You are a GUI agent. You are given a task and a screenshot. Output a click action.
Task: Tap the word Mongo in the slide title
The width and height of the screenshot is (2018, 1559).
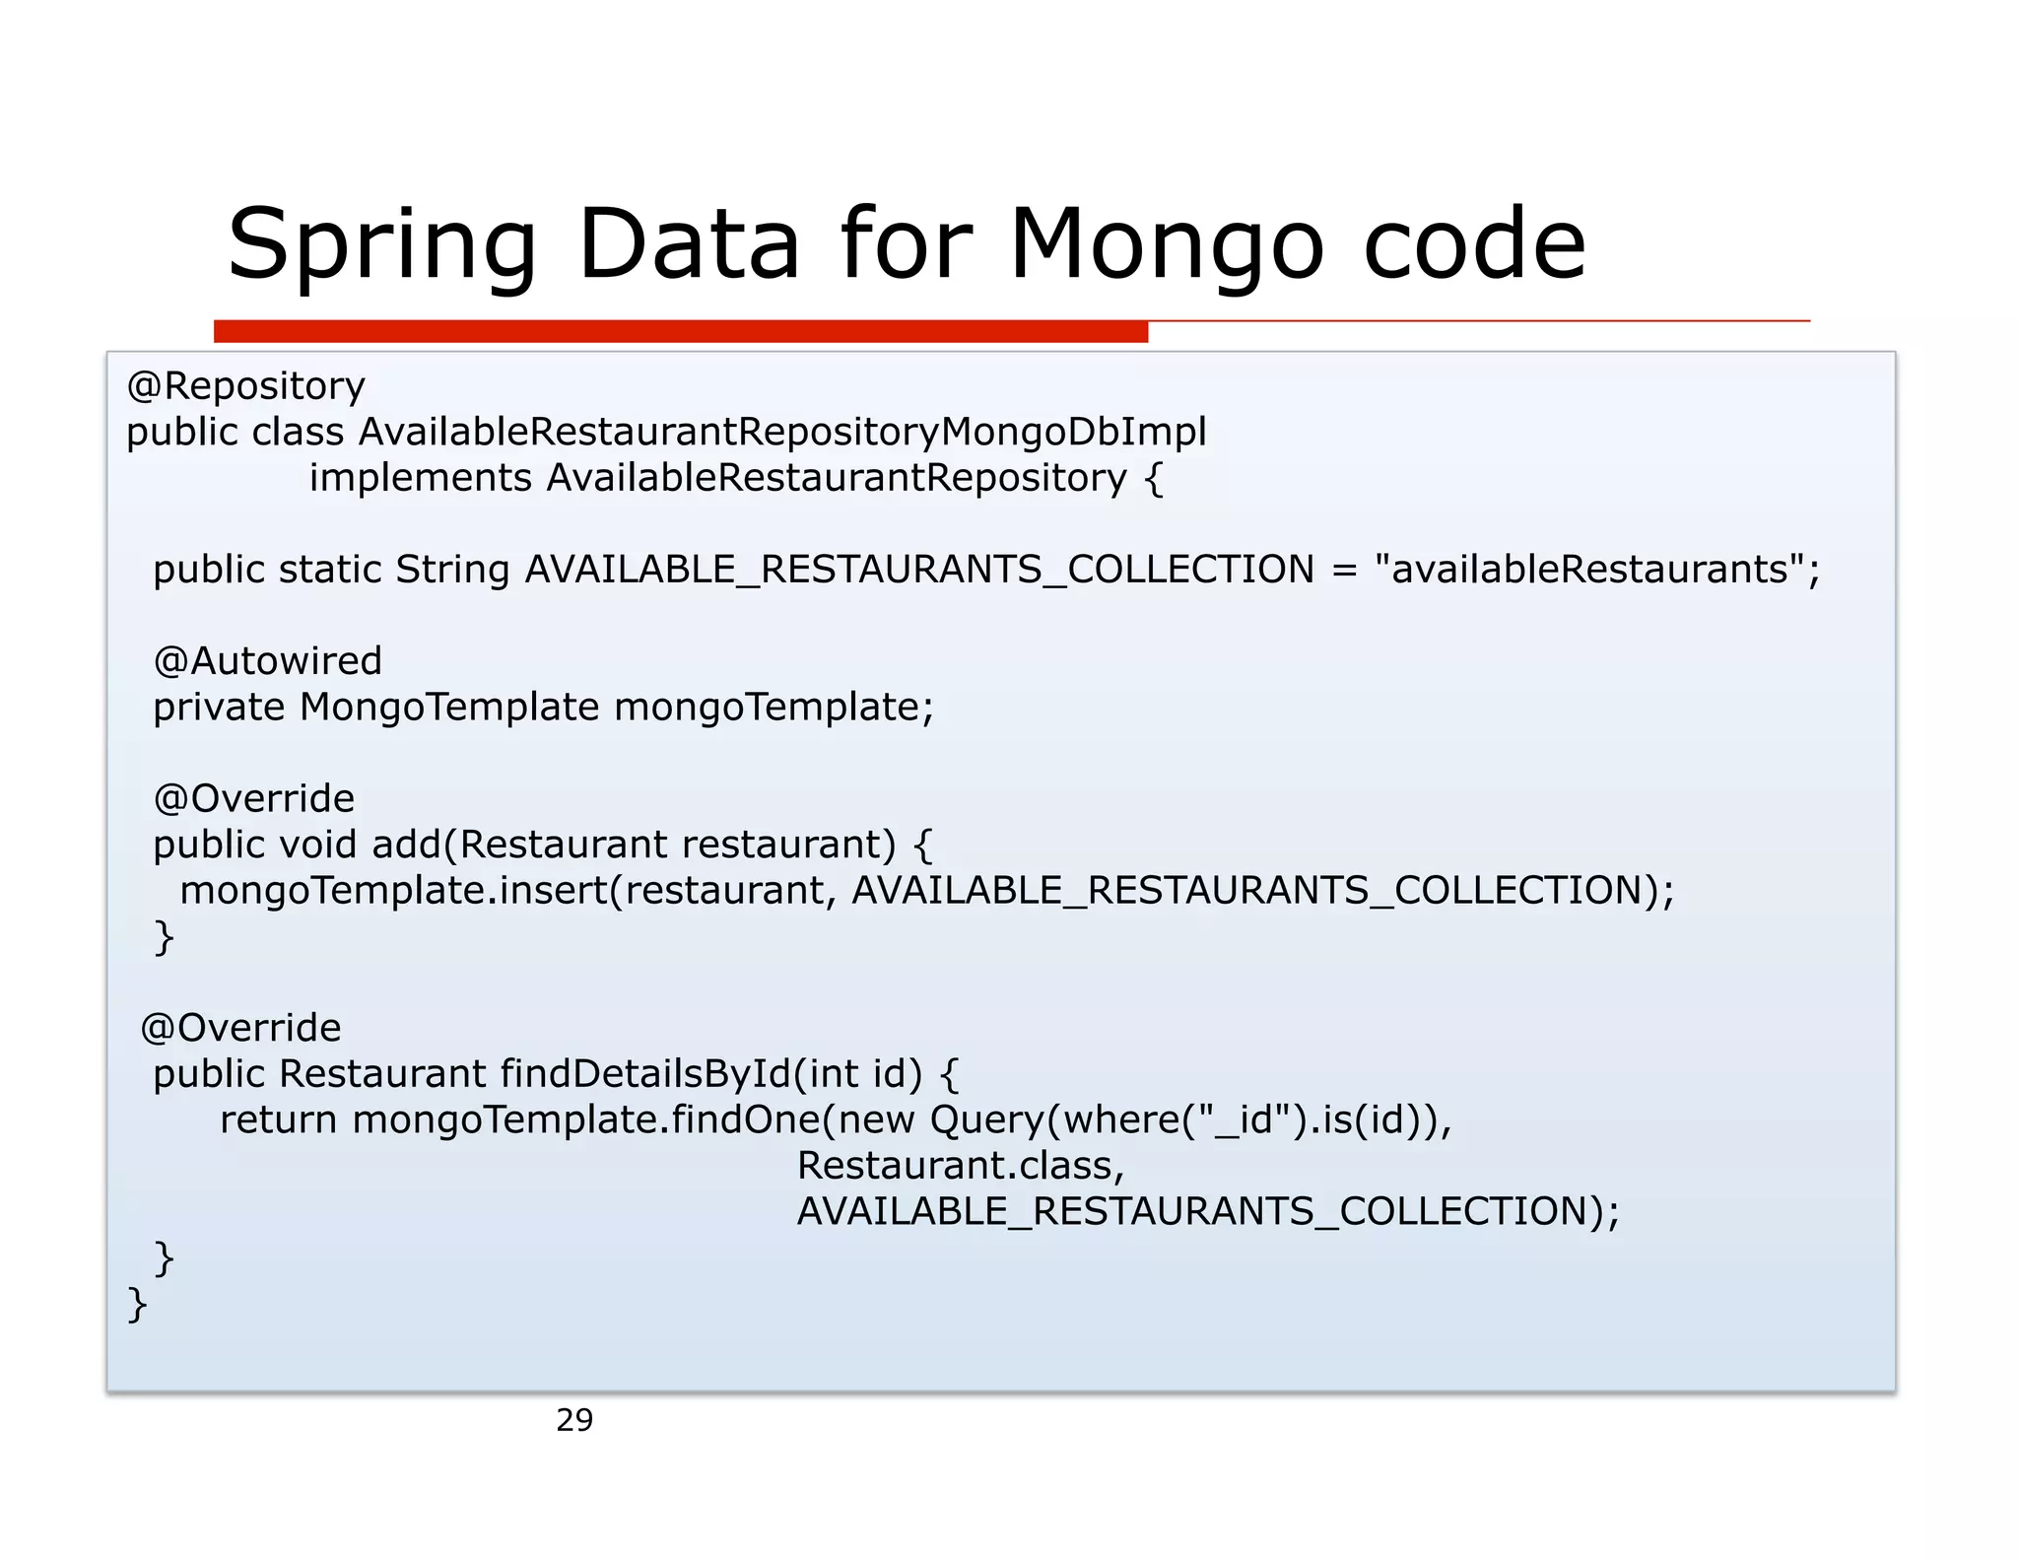point(1167,246)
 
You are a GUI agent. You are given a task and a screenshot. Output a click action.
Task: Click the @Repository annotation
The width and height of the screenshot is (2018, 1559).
point(245,386)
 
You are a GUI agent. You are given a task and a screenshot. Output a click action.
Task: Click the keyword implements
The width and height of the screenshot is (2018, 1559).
point(421,478)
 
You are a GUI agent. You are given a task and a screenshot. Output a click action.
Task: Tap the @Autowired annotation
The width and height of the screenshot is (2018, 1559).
point(267,661)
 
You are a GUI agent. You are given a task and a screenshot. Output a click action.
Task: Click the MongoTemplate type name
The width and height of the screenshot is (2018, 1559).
point(449,708)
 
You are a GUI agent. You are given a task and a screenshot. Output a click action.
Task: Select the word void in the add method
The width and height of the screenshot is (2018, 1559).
point(318,845)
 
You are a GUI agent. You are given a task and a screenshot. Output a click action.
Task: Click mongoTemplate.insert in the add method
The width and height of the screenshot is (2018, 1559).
point(394,891)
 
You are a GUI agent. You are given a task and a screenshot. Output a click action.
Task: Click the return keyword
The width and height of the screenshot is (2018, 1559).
point(278,1120)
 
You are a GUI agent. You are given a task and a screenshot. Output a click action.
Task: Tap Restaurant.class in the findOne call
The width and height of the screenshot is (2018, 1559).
point(961,1166)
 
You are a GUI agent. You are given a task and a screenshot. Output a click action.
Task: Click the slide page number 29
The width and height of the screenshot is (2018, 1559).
point(574,1420)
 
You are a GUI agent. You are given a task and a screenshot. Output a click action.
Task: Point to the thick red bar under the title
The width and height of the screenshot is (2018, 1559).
point(680,331)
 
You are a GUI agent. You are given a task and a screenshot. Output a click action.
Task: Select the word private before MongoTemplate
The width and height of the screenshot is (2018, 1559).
point(219,708)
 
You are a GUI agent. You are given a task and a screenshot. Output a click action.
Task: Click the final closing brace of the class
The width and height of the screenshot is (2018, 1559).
point(138,1304)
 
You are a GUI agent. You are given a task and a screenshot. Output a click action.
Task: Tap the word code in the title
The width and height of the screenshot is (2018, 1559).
point(1474,246)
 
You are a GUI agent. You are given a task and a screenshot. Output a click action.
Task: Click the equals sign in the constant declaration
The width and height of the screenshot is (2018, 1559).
point(1344,570)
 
